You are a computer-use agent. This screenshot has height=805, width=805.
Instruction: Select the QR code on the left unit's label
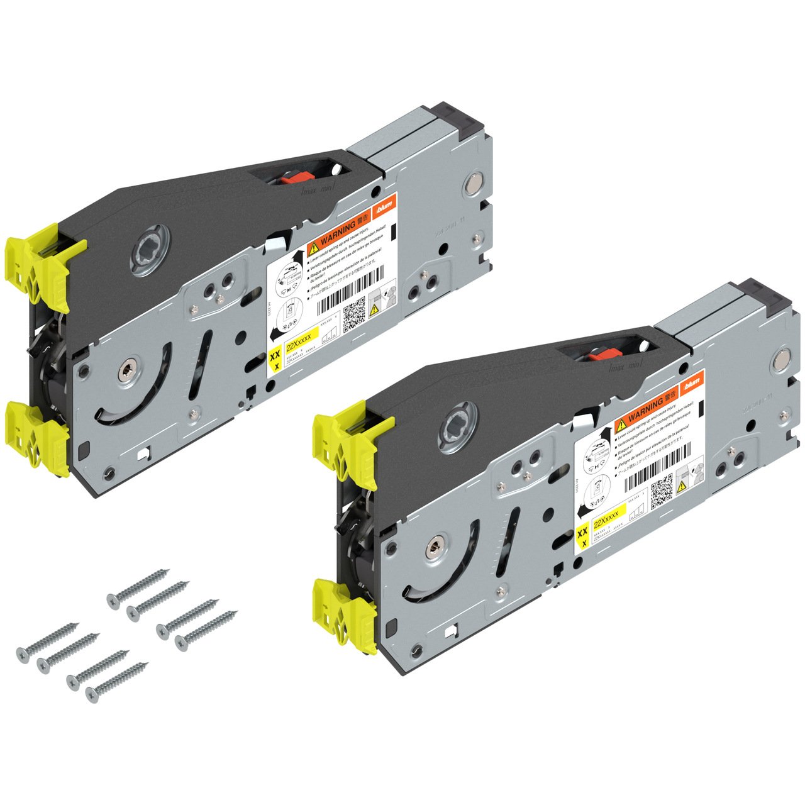pos(355,313)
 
